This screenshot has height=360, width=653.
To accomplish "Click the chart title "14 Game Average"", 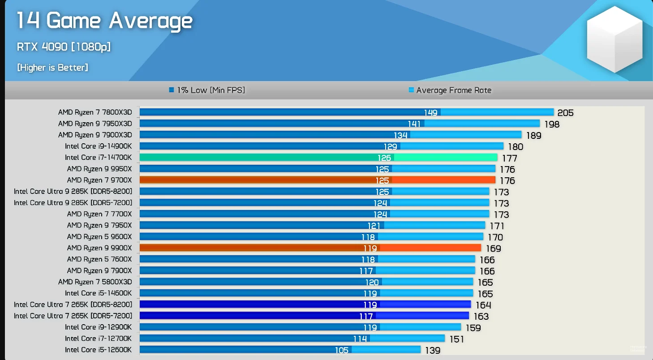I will (x=104, y=21).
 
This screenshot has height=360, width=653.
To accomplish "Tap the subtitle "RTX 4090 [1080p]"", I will (x=64, y=47).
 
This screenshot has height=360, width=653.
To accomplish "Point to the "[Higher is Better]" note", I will (x=52, y=68).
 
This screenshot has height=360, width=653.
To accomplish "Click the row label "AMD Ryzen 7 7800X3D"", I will (x=95, y=112).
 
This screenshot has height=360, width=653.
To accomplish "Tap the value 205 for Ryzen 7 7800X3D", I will (x=565, y=113).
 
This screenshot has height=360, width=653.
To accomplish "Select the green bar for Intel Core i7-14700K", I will (x=318, y=158).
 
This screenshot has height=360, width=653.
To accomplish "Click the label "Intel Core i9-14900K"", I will (x=99, y=146).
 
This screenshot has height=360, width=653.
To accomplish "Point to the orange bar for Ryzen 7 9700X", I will (x=317, y=180).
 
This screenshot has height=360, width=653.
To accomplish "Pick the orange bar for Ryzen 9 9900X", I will (x=310, y=248).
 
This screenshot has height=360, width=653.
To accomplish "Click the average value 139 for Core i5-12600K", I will (x=433, y=350).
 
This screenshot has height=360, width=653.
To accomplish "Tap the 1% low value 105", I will (x=342, y=350).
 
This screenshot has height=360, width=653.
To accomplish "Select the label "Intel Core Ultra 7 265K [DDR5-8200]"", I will (x=73, y=304).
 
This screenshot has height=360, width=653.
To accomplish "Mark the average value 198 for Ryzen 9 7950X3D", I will (x=551, y=124).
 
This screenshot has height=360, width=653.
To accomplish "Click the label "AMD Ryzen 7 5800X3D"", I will (x=95, y=282).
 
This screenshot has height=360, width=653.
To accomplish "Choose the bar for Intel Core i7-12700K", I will (x=292, y=339).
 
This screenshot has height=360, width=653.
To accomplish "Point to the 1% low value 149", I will (x=431, y=112).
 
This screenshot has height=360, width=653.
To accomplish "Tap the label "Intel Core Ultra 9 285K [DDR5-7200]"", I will (x=73, y=202).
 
